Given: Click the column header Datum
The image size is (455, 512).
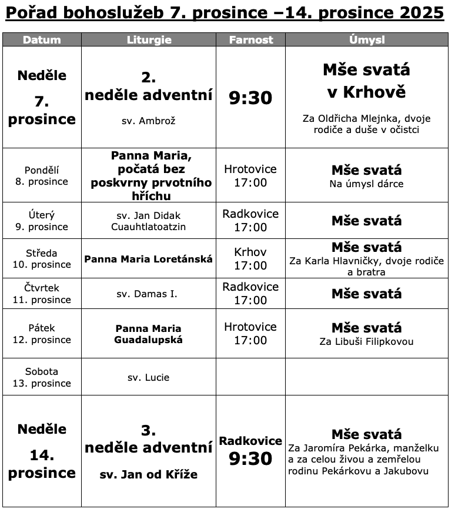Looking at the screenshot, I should (x=42, y=40).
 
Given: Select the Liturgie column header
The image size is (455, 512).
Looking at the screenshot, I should (x=149, y=40).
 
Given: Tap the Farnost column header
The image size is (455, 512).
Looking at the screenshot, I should (x=250, y=40).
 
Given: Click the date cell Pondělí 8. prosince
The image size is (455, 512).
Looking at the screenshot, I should (x=42, y=176).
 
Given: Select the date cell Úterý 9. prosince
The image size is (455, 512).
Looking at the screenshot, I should (x=42, y=221).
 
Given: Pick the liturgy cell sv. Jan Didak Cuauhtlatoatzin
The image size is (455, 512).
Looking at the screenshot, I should (x=149, y=221).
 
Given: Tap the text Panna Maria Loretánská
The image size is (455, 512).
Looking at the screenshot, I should (x=149, y=259).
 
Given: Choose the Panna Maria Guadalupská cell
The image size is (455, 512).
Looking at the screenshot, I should (x=149, y=334).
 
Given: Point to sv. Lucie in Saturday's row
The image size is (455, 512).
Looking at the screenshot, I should (x=148, y=377).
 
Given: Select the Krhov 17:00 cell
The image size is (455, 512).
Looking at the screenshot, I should (x=250, y=259).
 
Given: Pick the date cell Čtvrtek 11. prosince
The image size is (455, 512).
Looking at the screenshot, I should (x=42, y=294).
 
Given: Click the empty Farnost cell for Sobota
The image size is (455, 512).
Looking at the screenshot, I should (x=250, y=377).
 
